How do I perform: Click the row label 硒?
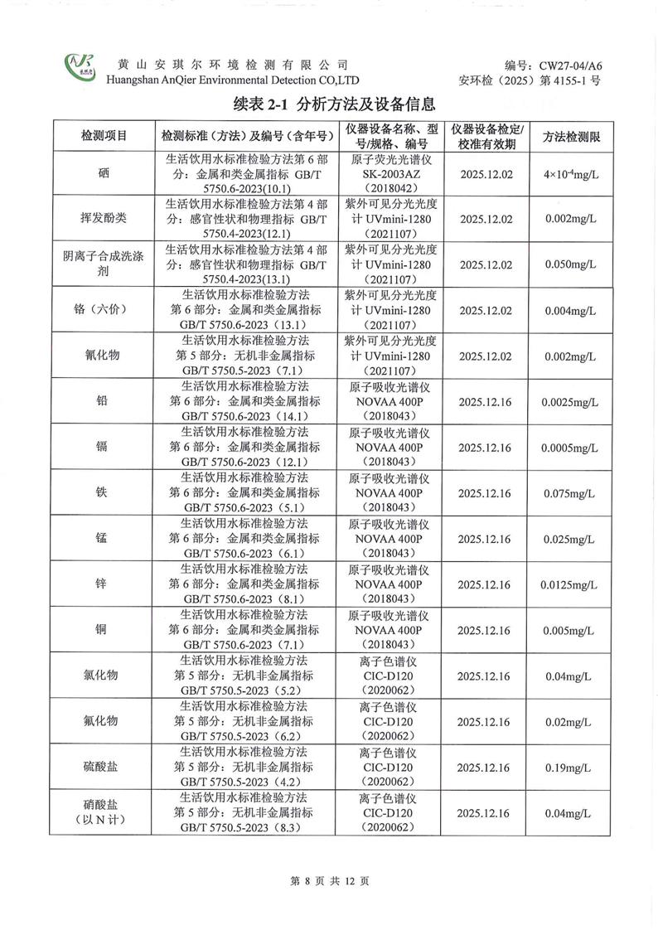click(x=103, y=174)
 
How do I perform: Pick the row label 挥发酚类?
click(x=103, y=219)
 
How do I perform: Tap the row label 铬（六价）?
click(x=103, y=310)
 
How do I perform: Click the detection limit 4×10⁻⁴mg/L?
click(x=571, y=174)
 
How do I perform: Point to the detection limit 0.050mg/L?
click(x=571, y=264)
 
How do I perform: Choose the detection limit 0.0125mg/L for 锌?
click(x=571, y=584)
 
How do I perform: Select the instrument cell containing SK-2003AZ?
click(x=388, y=174)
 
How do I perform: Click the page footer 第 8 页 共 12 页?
click(x=329, y=882)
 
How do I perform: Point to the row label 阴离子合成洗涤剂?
click(x=103, y=264)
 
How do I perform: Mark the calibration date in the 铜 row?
click(x=484, y=630)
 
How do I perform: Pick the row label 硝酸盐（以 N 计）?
click(x=103, y=812)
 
